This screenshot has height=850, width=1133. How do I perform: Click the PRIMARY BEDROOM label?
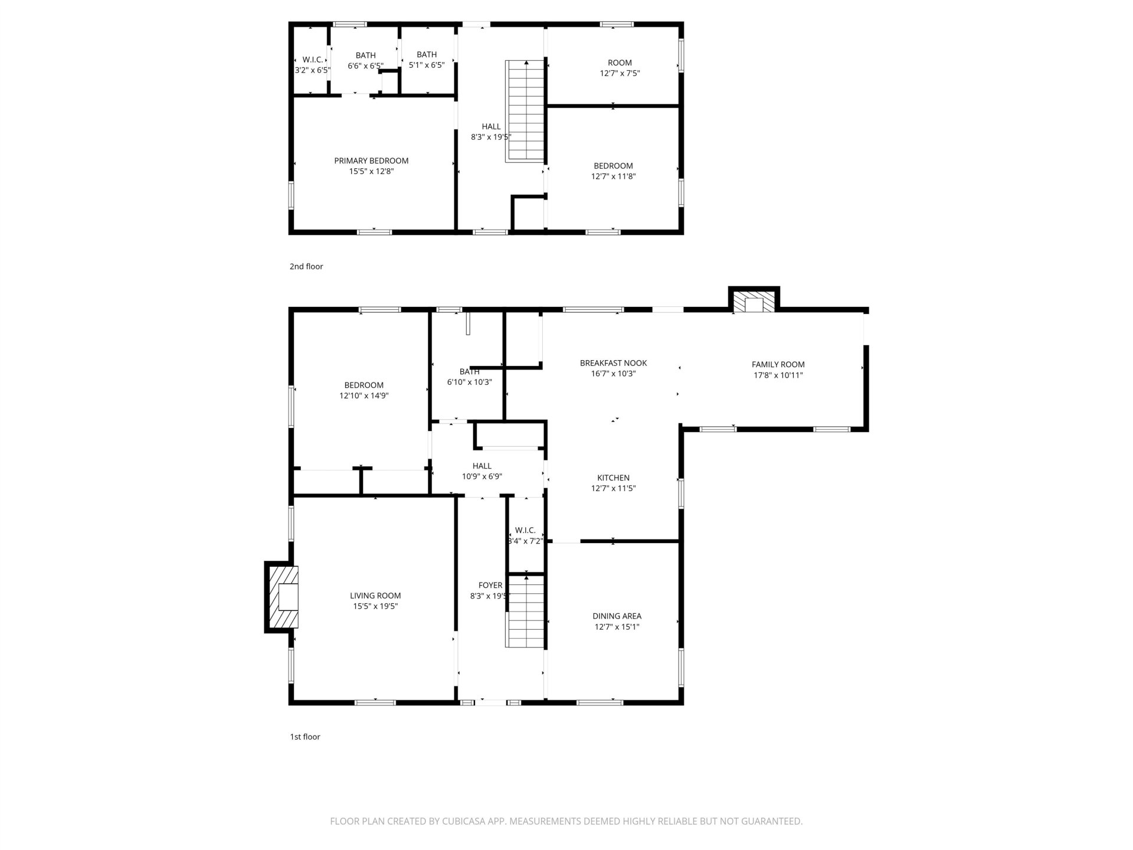click(371, 161)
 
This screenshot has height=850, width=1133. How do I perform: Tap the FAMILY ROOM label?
click(778, 365)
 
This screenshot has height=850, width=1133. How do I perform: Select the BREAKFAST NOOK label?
click(613, 363)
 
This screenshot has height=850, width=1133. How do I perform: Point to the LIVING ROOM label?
click(375, 596)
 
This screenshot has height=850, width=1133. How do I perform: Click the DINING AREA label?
click(617, 616)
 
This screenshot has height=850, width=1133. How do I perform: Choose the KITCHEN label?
click(613, 478)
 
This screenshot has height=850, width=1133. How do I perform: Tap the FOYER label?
click(490, 586)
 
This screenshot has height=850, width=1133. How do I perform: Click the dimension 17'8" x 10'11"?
click(778, 375)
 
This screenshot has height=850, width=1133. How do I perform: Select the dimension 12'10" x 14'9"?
click(364, 396)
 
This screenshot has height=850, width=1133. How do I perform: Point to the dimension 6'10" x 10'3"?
click(469, 382)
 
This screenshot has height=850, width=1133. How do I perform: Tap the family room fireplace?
click(754, 299)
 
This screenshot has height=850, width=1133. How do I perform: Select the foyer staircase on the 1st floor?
click(525, 612)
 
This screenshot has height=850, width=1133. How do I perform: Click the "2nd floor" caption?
click(306, 266)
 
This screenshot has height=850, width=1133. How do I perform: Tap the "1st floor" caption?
click(304, 737)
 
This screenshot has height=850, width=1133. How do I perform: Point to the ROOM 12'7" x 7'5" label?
click(620, 68)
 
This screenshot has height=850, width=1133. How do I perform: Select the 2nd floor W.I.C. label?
click(312, 65)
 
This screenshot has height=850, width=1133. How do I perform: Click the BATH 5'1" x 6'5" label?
click(427, 60)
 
